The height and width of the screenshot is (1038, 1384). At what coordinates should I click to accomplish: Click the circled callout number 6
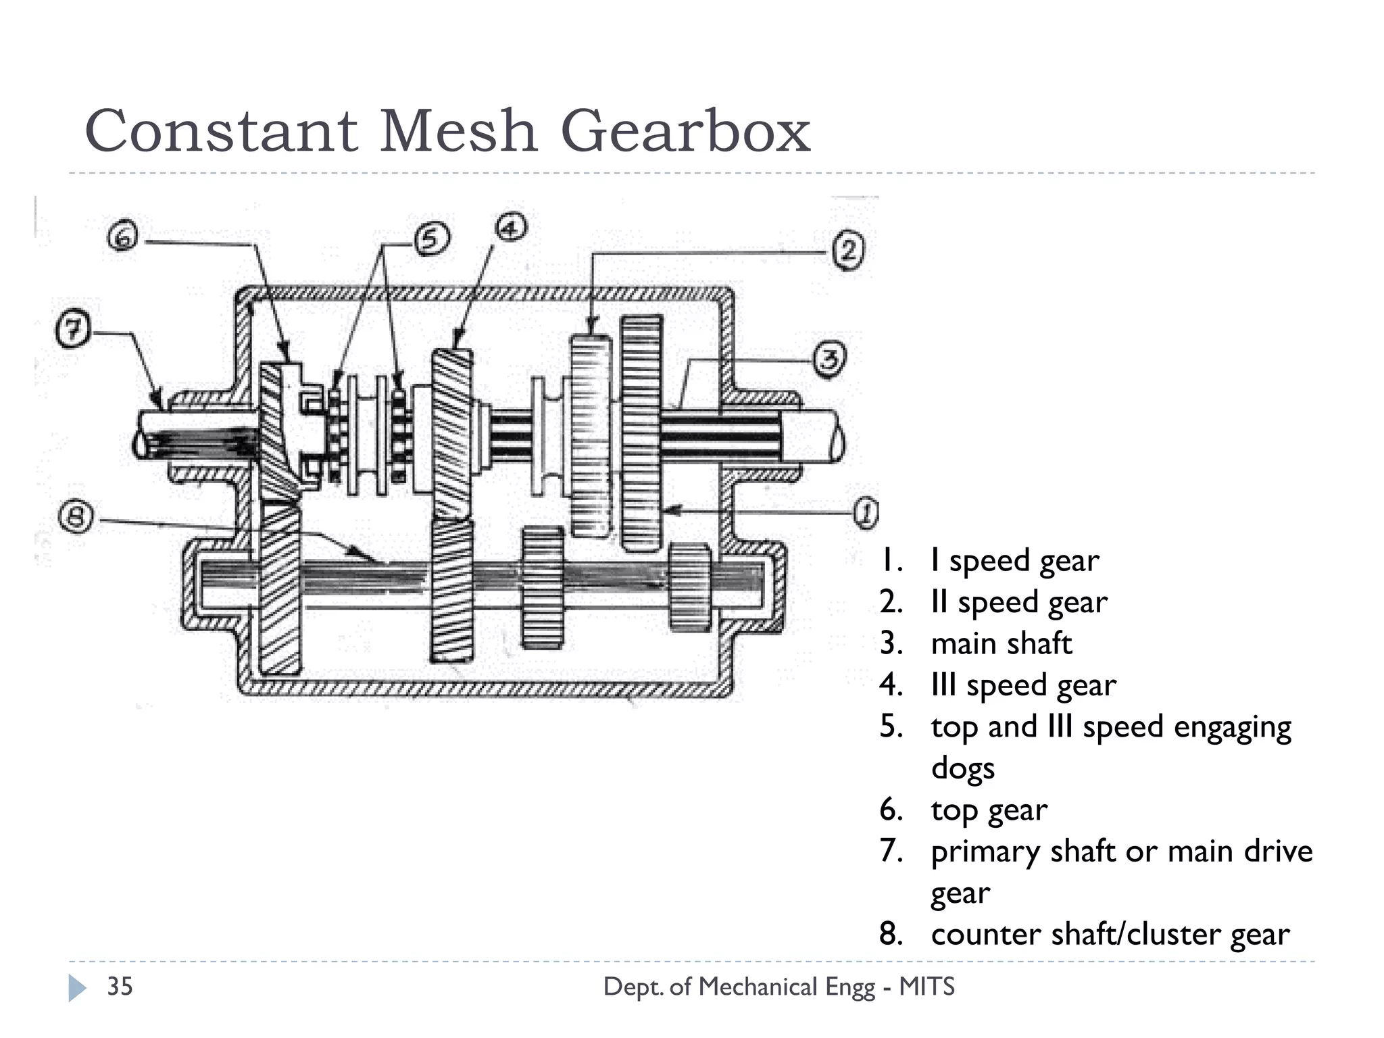122,238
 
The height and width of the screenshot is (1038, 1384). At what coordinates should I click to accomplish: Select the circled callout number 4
512,227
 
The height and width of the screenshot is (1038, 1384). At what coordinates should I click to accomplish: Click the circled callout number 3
829,360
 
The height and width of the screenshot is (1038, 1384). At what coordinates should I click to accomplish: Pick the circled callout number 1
864,514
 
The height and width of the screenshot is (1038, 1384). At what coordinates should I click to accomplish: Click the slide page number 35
120,987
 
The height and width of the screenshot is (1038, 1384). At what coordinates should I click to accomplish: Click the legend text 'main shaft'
1001,643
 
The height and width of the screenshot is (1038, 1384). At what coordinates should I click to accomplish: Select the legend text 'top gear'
989,810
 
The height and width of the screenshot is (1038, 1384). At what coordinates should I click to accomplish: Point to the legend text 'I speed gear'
1014,560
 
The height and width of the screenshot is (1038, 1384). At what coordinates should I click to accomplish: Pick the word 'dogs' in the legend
962,769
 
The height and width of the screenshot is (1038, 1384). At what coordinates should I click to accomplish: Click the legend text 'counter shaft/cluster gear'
1110,935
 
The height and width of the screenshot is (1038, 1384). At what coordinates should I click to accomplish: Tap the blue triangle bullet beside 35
77,987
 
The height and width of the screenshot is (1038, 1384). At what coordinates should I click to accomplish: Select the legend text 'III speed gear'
1023,685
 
